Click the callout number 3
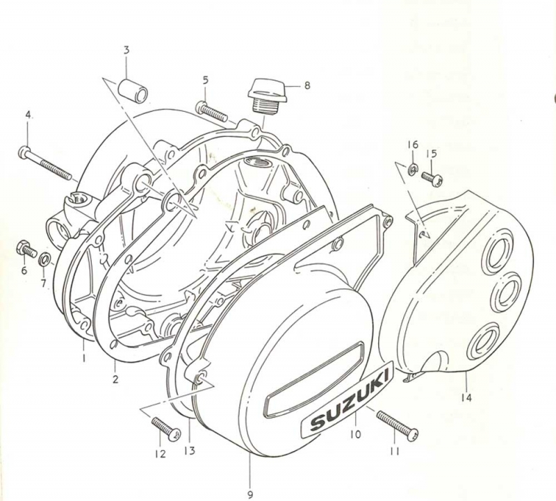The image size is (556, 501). [126, 50]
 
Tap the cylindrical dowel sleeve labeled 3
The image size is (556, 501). [133, 90]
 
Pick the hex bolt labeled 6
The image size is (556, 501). [26, 249]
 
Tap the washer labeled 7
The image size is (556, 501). [44, 258]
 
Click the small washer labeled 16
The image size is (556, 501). [413, 167]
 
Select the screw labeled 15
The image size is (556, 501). [432, 178]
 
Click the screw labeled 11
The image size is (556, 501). [397, 425]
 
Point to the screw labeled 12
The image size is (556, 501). [166, 429]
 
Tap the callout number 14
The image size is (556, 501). [466, 398]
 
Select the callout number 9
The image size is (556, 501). [250, 495]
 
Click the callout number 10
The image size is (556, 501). [355, 434]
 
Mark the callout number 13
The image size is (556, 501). [190, 451]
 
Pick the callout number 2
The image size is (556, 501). [115, 379]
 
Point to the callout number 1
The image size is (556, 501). [84, 358]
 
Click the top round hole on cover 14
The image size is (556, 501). [499, 247]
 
